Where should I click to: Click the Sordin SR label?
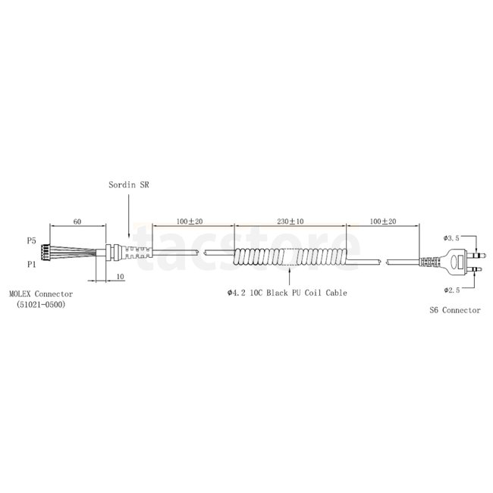[129, 185]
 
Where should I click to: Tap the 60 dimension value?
[77, 221]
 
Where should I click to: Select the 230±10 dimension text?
[290, 221]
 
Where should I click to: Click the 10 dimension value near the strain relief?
[121, 277]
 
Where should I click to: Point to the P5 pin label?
[31, 241]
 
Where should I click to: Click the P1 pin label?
[31, 265]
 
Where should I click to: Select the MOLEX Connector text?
[41, 294]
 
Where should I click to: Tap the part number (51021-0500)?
[41, 305]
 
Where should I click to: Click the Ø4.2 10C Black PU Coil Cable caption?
[287, 293]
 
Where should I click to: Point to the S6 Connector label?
[455, 310]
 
